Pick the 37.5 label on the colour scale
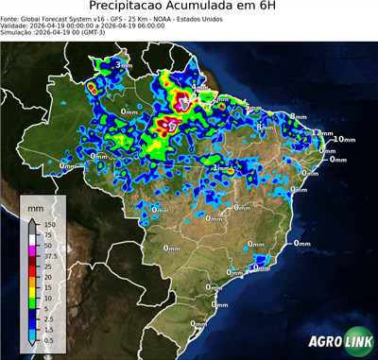click(x=52, y=254)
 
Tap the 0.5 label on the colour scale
click(x=50, y=333)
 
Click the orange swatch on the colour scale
click(x=32, y=279)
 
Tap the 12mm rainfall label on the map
click(x=323, y=134)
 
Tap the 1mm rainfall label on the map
click(x=222, y=169)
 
